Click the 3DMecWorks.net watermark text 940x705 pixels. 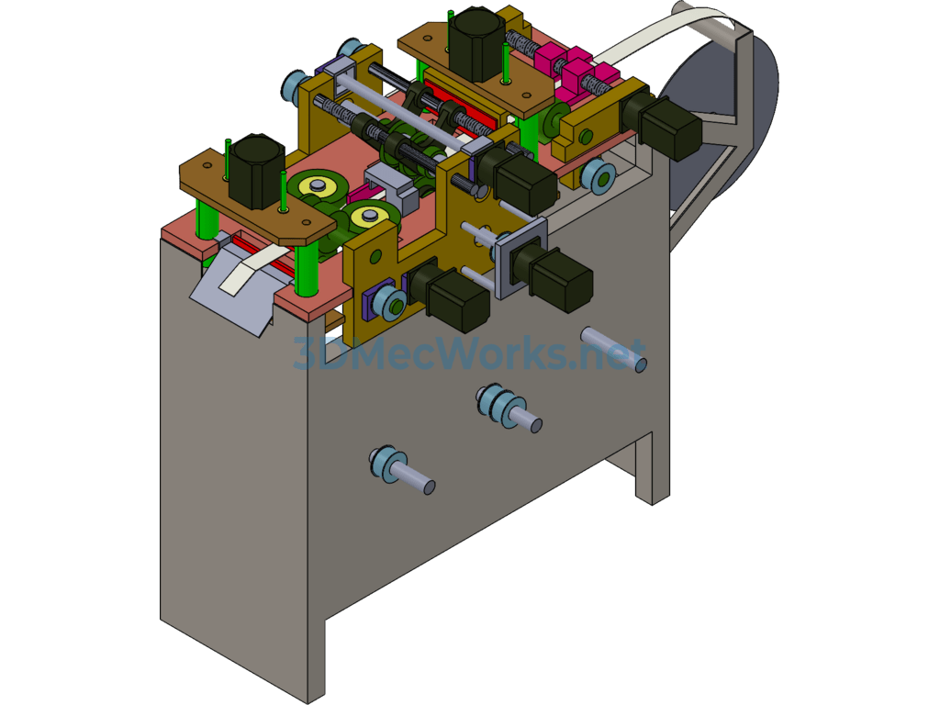(x=469, y=353)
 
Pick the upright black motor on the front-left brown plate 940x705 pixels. (x=257, y=172)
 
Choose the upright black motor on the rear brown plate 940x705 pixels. (x=478, y=43)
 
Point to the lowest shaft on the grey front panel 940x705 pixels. (x=402, y=469)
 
